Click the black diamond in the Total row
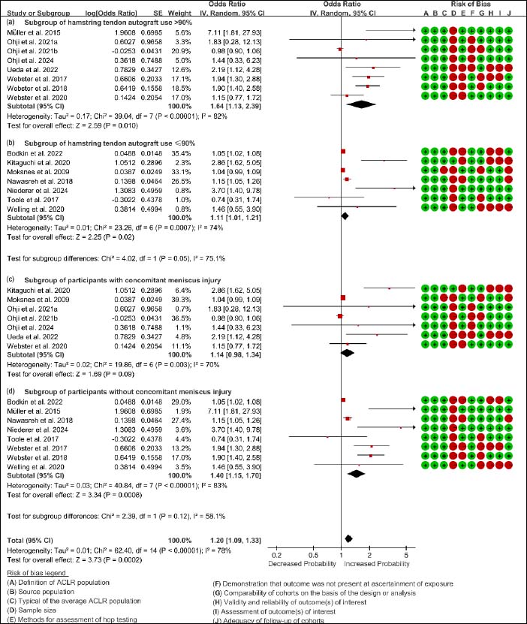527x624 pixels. click(348, 538)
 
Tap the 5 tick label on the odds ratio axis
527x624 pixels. click(406, 555)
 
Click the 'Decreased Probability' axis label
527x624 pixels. click(303, 563)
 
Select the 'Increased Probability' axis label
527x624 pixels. click(377, 563)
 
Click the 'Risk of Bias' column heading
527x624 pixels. click(471, 4)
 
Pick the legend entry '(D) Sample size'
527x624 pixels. click(32, 610)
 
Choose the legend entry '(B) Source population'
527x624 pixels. click(41, 592)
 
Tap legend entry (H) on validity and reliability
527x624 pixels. click(290, 602)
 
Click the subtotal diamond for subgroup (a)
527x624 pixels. click(361, 104)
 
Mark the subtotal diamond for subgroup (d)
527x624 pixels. click(356, 474)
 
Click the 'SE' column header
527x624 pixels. click(158, 13)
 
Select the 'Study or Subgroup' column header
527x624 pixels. click(38, 13)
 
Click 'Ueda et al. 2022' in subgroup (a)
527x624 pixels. click(32, 70)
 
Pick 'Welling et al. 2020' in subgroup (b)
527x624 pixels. click(36, 209)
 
